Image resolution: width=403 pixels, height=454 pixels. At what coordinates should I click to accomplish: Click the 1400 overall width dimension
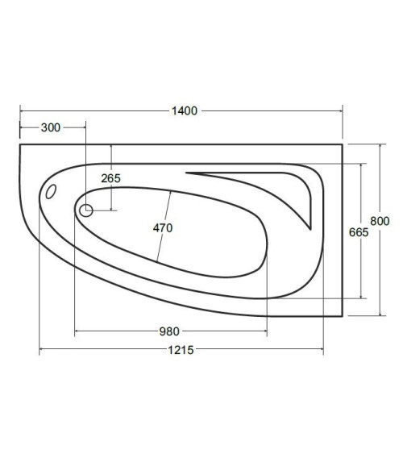185,110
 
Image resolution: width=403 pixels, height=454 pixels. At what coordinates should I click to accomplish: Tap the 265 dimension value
111,178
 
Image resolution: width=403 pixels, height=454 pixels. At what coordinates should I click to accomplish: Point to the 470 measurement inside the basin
163,227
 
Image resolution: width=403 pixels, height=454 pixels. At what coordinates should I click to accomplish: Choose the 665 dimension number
359,231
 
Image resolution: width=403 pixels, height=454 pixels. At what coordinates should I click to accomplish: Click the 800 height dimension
380,221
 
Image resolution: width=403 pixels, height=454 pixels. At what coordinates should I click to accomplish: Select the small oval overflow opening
51,194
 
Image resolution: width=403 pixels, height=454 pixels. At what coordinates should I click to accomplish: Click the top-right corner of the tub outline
343,145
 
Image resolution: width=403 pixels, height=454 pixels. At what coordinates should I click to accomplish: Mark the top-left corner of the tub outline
19,145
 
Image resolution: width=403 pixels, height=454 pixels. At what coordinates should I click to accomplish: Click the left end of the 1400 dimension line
19,110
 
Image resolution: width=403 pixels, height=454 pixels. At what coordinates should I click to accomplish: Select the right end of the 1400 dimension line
343,110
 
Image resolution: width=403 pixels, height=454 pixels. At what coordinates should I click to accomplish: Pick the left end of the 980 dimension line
74,331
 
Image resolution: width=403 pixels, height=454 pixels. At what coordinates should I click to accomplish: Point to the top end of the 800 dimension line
380,145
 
